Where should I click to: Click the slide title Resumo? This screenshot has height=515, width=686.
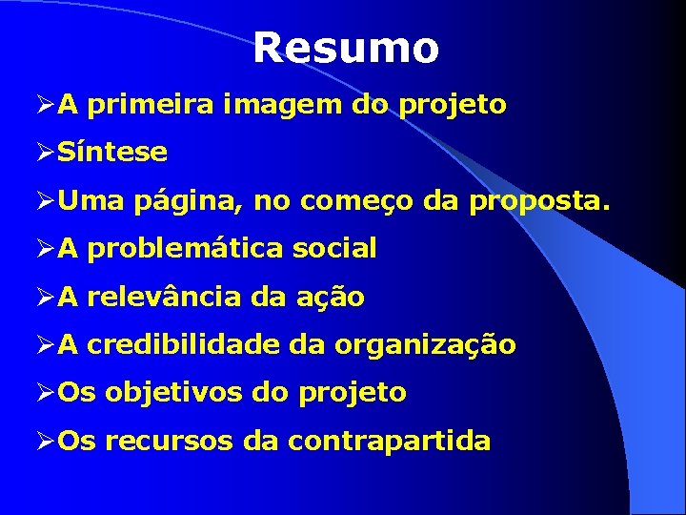[x=346, y=48]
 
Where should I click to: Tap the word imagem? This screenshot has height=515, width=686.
[x=283, y=105]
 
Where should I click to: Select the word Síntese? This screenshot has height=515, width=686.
[x=112, y=152]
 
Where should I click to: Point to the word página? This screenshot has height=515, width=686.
[x=179, y=201]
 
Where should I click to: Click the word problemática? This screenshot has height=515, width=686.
[x=185, y=250]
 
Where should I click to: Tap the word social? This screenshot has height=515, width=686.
[x=334, y=249]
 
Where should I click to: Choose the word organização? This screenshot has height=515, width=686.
[x=425, y=345]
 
